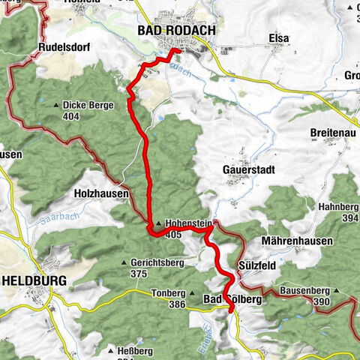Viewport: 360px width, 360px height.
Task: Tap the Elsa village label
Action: tap(278, 37)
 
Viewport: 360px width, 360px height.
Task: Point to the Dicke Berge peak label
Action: tap(88, 106)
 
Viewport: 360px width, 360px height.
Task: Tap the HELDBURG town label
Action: tap(34, 280)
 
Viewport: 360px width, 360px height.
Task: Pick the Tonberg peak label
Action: tap(167, 293)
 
